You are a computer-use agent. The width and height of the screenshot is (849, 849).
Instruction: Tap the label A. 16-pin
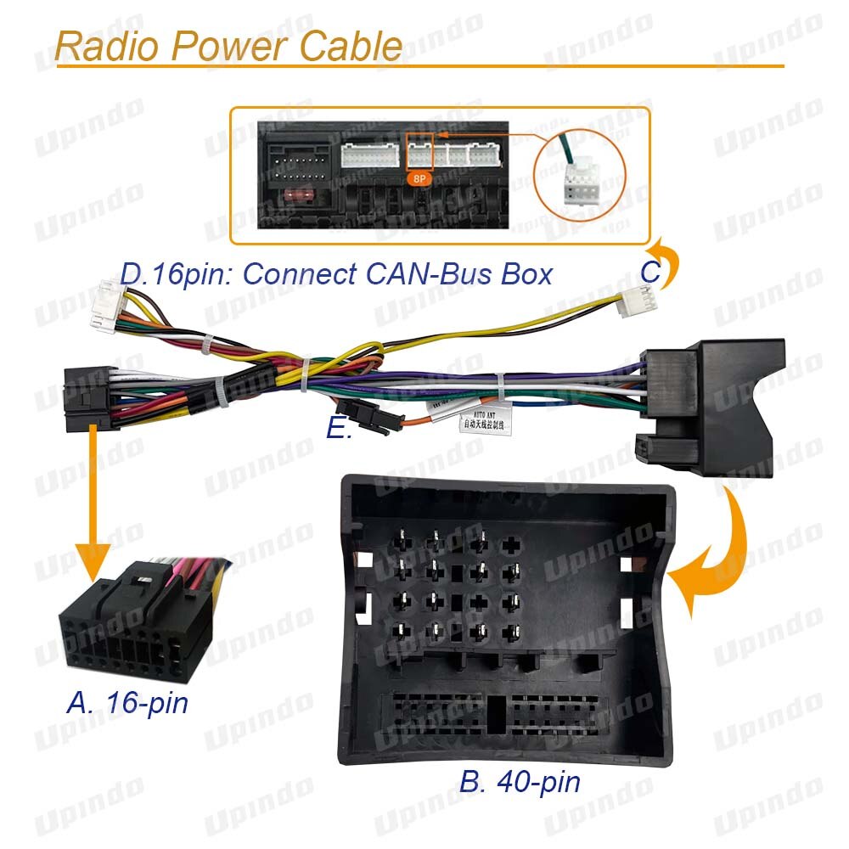(127, 703)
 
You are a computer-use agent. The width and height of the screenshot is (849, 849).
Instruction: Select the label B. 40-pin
(520, 781)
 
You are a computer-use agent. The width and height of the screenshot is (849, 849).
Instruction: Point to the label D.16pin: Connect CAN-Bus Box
(336, 273)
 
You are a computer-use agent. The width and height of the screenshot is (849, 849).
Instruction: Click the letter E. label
(340, 430)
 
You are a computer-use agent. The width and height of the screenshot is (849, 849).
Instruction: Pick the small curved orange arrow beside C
(665, 259)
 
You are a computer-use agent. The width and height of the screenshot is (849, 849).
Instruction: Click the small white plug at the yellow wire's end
(634, 301)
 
